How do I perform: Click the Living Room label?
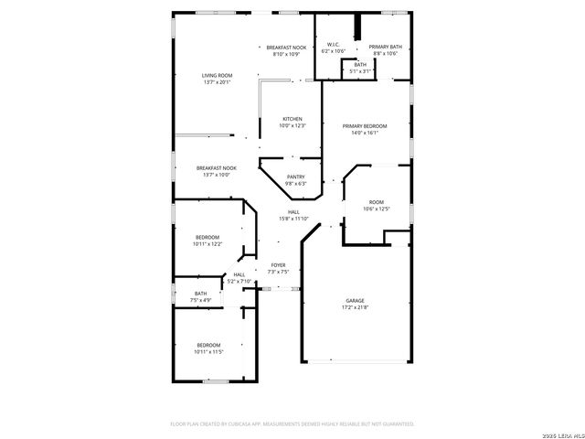[x=217, y=75]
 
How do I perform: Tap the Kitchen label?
[x=292, y=119]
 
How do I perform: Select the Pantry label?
[x=295, y=177]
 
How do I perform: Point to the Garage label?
[x=355, y=301]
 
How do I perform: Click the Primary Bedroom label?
[x=365, y=125]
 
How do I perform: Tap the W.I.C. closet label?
[x=334, y=45]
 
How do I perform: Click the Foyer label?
[x=278, y=265]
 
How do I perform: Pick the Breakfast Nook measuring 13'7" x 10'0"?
[x=217, y=168]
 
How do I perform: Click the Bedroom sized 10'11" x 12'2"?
[x=207, y=237]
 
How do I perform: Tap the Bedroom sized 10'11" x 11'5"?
[x=207, y=345]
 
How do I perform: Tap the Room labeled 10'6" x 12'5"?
[x=377, y=202]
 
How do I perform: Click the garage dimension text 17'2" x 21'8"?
[x=355, y=308]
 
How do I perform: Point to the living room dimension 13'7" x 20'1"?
[x=217, y=82]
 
